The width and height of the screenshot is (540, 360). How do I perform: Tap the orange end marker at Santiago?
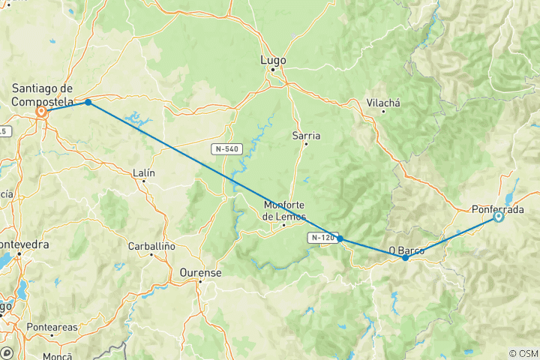click(43, 112)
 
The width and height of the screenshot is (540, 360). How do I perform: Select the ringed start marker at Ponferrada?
click(498, 217)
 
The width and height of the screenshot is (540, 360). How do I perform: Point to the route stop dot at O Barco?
click(406, 257)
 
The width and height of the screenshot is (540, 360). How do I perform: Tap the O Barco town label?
click(406, 250)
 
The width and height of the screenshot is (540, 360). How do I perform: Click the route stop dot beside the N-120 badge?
click(340, 239)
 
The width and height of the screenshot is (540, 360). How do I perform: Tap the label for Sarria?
click(306, 136)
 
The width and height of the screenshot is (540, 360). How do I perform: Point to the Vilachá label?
click(382, 103)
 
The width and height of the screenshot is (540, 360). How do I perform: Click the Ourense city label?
click(200, 273)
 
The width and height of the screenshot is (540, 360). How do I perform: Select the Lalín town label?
click(143, 172)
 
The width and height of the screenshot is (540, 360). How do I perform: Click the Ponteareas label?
click(51, 328)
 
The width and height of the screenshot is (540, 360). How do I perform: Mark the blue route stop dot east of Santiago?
click(88, 102)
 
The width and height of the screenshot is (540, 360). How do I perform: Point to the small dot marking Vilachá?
click(383, 112)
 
